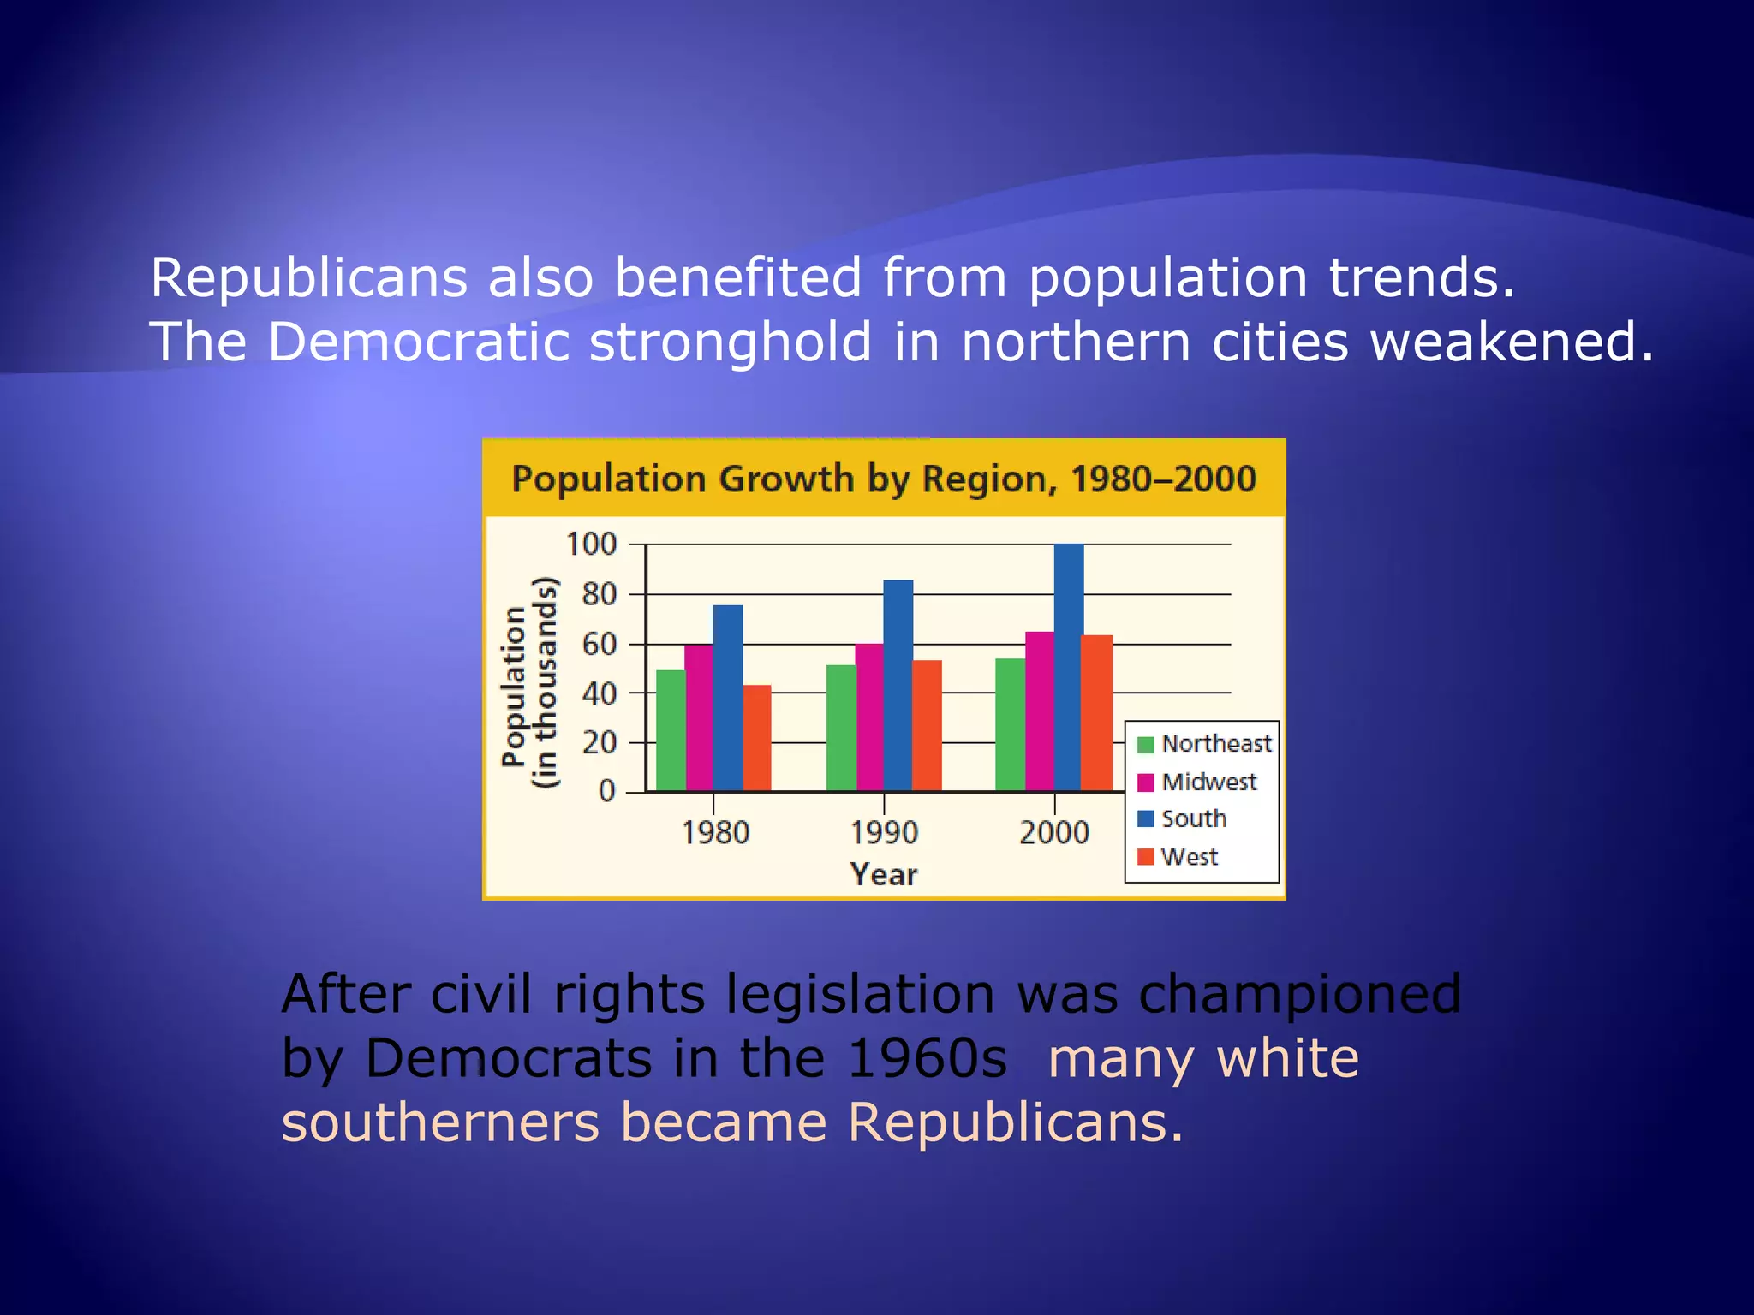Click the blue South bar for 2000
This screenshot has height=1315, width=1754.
coord(1068,668)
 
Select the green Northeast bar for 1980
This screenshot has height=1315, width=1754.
coord(671,730)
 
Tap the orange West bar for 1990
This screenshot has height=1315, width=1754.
coord(927,726)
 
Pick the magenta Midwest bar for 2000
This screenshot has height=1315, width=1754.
coord(1039,711)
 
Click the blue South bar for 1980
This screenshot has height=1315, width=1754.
coord(727,698)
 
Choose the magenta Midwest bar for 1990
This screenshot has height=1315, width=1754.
coord(869,717)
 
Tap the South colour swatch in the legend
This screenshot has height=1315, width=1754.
coord(1146,819)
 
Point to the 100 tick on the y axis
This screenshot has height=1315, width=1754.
coord(591,544)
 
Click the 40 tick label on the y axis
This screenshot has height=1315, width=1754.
coord(599,693)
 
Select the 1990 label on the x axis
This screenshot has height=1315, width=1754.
coord(884,832)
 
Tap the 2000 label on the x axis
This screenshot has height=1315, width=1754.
coord(1053,832)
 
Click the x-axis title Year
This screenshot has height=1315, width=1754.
coord(884,874)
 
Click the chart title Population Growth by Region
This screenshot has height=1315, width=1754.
coord(883,479)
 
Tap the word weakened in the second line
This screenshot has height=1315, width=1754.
coord(1512,342)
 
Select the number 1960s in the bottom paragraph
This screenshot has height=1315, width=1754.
coord(927,1058)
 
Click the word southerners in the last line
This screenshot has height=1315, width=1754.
coord(440,1122)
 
